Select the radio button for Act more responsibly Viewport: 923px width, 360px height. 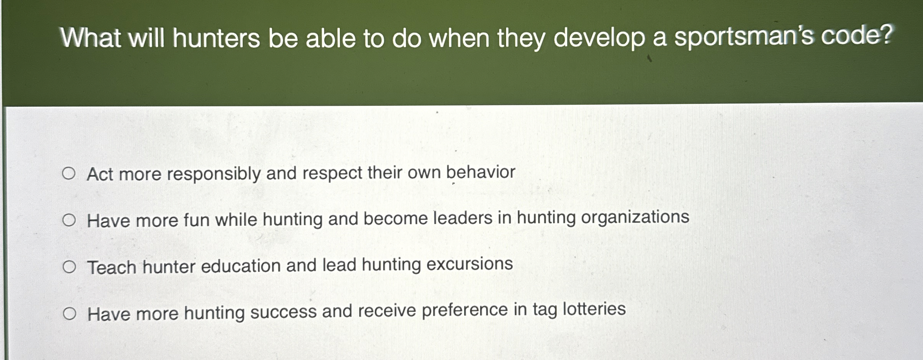click(x=69, y=174)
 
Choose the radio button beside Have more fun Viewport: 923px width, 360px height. click(x=69, y=221)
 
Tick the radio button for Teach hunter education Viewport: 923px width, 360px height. click(x=69, y=267)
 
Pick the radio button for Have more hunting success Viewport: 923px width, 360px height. click(x=70, y=314)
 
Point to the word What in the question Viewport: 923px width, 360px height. click(x=91, y=39)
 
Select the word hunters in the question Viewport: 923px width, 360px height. click(x=216, y=39)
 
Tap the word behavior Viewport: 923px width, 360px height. click(x=480, y=172)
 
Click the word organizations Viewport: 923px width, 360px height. click(x=635, y=217)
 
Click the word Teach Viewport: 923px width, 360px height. click(x=112, y=267)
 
